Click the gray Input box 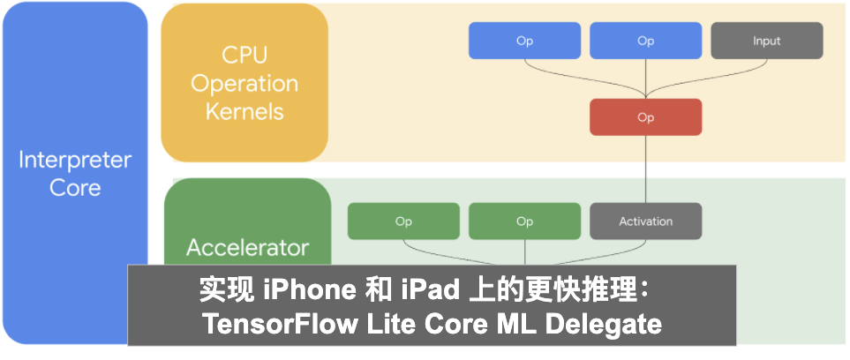click(x=766, y=41)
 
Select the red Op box click(x=645, y=117)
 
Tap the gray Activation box click(x=645, y=221)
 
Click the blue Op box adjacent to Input click(x=645, y=41)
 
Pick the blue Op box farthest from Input click(x=524, y=41)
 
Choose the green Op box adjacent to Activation click(x=524, y=221)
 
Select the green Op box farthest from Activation click(x=403, y=221)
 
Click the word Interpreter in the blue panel click(x=75, y=161)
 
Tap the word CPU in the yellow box click(x=244, y=56)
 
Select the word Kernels click(x=244, y=112)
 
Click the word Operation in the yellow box click(x=244, y=84)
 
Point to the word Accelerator click(x=248, y=247)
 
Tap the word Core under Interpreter click(x=75, y=188)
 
